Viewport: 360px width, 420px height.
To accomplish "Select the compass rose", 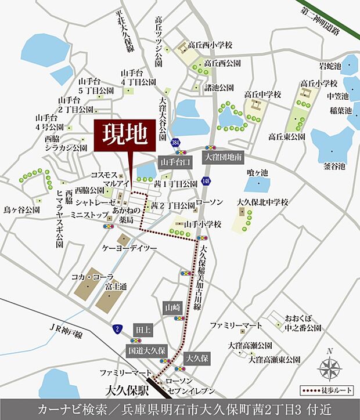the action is [329, 367].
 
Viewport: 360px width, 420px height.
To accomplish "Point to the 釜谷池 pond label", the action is [334, 166].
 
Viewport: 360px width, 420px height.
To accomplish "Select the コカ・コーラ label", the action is [92, 278].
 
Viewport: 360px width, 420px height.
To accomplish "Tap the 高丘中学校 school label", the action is [262, 94].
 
